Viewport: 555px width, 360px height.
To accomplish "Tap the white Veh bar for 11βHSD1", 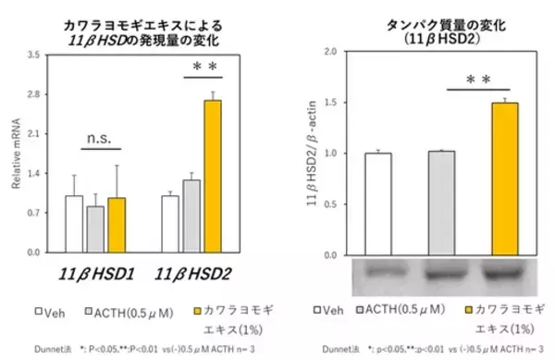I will click(x=74, y=223).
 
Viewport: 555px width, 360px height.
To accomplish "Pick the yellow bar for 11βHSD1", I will click(x=117, y=225).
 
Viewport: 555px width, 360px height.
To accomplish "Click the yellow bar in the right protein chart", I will click(x=505, y=179).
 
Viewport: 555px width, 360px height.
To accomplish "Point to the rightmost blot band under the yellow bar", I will click(x=505, y=274).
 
